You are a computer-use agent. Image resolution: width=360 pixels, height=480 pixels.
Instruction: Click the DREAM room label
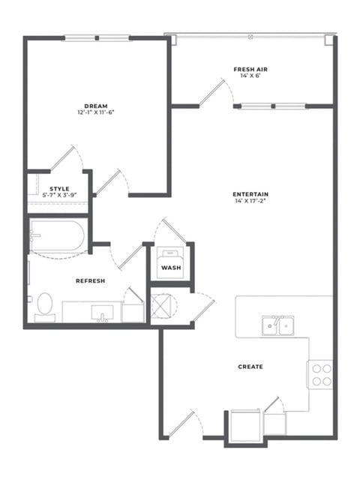coord(96,106)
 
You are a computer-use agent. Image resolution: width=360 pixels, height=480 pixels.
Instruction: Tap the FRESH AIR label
coord(250,70)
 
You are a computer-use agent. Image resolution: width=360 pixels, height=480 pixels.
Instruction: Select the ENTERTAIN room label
coord(250,194)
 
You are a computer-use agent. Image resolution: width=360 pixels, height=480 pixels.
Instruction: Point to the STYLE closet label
coord(59,188)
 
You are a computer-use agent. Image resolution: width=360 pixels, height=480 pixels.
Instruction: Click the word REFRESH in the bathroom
coord(90,280)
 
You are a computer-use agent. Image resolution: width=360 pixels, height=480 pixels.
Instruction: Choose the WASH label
coord(171,268)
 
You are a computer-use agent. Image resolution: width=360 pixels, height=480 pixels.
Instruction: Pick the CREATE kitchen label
coord(250,367)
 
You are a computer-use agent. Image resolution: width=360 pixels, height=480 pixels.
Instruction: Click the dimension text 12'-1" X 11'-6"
coord(96,112)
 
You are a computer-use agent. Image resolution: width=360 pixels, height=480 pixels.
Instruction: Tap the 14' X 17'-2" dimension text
coord(250,201)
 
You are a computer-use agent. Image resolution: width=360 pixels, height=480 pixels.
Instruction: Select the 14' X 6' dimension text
coord(250,76)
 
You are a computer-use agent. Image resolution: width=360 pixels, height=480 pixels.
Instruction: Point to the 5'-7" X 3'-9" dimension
coord(59,195)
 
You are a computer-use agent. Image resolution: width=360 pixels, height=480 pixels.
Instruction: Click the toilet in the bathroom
coord(45,307)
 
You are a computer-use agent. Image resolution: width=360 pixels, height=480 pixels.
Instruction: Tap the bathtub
coord(57,235)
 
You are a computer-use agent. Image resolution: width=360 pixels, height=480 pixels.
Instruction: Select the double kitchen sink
coord(278,325)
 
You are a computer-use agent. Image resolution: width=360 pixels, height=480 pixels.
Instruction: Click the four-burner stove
coord(320,375)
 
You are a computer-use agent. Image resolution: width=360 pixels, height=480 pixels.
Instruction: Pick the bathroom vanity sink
coord(102,313)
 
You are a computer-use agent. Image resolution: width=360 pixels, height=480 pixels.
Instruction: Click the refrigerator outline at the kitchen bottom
coord(245,425)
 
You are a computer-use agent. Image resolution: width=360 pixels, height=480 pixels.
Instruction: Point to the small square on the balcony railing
coord(250,37)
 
